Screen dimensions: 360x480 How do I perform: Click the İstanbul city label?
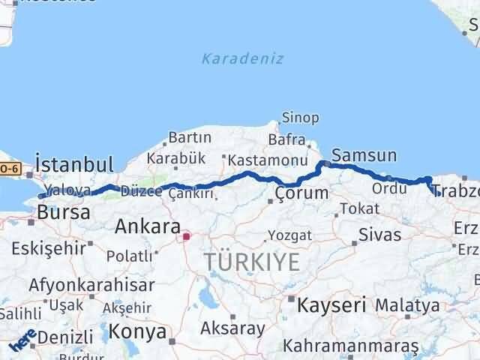74,164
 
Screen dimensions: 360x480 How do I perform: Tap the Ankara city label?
148,226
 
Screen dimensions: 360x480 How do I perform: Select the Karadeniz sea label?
243,58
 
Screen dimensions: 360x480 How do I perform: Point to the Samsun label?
364,155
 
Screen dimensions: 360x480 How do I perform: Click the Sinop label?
300,118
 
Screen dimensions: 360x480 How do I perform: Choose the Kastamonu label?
268,160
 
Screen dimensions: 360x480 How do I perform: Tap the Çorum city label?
301,193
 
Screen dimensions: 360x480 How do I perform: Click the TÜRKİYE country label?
252,262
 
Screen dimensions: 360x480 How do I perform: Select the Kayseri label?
331,305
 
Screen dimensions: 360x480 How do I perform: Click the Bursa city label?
64,212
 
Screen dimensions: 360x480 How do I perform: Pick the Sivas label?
379,234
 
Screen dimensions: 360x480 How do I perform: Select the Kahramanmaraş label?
350,346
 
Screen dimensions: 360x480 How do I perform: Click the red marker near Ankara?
186,237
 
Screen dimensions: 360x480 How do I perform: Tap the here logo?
22,343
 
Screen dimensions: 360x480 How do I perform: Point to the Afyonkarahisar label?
91,285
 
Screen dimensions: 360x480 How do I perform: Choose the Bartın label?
190,138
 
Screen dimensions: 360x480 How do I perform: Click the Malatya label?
407,305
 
